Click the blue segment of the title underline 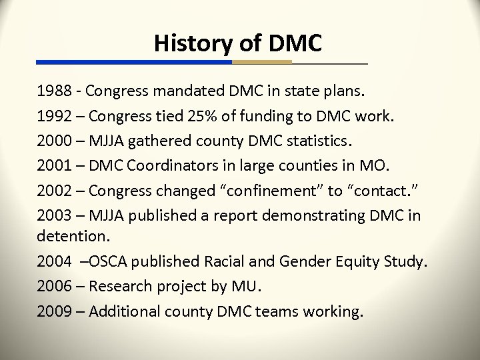[133, 62]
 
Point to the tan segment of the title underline [262, 62]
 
